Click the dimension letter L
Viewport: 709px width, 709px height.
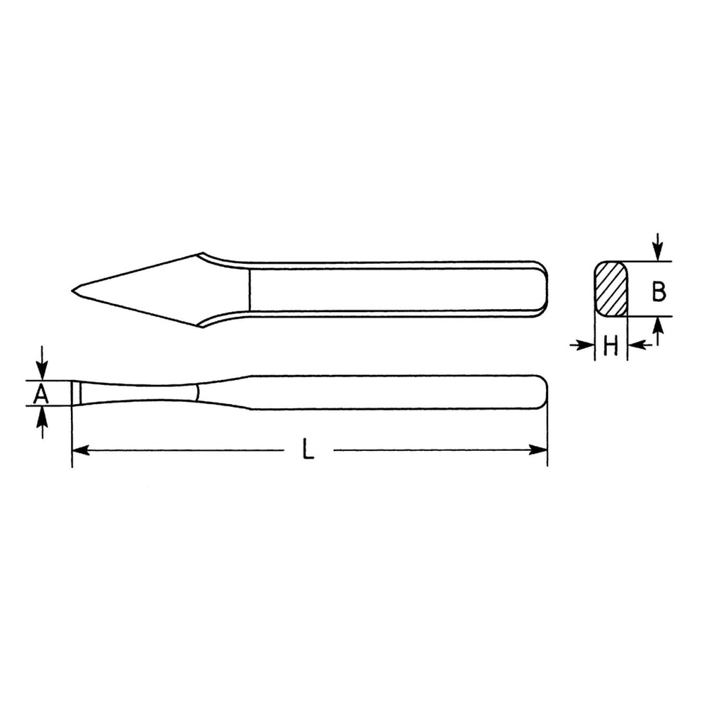pyautogui.click(x=308, y=450)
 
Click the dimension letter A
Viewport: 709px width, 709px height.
pyautogui.click(x=41, y=393)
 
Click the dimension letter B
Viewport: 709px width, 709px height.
pyautogui.click(x=659, y=291)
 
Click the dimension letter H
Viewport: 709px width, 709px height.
pyautogui.click(x=611, y=347)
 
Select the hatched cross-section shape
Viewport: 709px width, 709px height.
pyautogui.click(x=611, y=289)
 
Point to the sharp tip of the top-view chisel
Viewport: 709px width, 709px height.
pyautogui.click(x=72, y=290)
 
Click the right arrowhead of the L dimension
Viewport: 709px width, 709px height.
pyautogui.click(x=538, y=450)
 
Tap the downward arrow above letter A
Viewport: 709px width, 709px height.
pyautogui.click(x=42, y=363)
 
